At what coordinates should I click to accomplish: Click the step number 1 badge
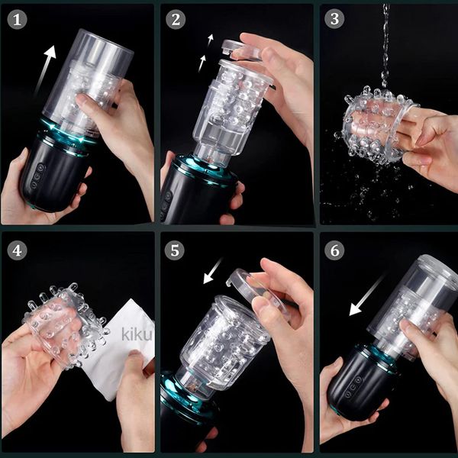coord(17,20)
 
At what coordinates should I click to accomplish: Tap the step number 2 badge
coord(176,20)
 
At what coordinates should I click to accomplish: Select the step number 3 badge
coord(334,19)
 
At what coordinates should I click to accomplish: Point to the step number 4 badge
coord(17,250)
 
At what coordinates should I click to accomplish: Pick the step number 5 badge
coord(174,250)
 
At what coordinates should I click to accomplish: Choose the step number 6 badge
coord(334,250)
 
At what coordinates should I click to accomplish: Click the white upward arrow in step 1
coord(44,70)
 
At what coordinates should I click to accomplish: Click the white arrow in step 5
coord(213,270)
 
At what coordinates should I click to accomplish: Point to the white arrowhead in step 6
coord(356,309)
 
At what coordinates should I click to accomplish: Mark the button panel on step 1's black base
coord(38,176)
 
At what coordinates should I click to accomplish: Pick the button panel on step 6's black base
coord(352,387)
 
